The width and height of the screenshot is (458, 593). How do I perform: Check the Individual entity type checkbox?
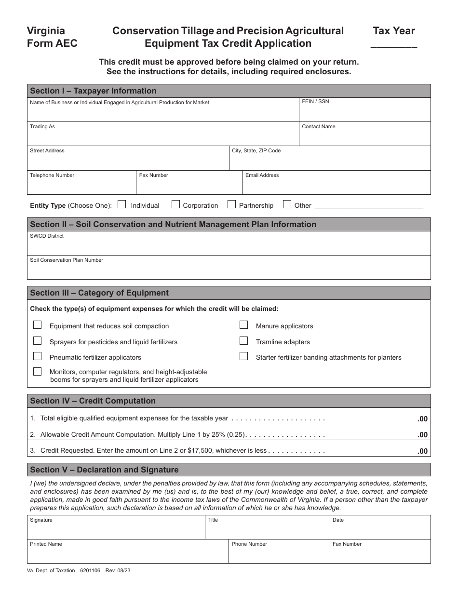click(122, 204)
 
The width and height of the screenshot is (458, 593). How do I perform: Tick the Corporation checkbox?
click(176, 204)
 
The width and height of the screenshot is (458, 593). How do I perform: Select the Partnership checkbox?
click(232, 204)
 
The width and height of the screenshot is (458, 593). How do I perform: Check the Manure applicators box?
click(244, 325)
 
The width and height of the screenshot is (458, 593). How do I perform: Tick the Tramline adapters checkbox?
click(244, 341)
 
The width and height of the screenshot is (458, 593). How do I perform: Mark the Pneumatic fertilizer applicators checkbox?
click(37, 357)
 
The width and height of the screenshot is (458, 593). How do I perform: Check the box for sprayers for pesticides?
click(37, 341)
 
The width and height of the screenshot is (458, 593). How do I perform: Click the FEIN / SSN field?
click(364, 112)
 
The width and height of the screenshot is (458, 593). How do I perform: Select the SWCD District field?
click(229, 246)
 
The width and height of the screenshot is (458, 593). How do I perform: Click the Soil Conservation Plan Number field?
click(229, 270)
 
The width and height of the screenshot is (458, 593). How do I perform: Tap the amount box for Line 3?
click(381, 450)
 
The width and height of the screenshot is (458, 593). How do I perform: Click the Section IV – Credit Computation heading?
click(93, 401)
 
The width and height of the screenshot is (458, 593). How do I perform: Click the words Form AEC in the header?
click(52, 43)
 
